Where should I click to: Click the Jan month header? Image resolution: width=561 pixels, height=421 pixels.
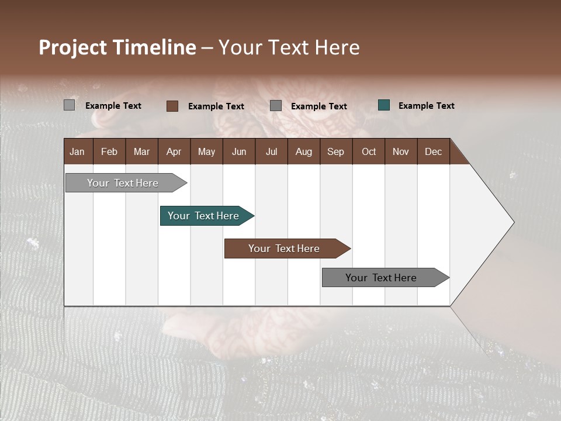77,151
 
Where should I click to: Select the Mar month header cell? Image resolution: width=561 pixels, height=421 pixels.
141,151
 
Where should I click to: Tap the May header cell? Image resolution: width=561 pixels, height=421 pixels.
206,151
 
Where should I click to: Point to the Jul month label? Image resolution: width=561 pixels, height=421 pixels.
271,151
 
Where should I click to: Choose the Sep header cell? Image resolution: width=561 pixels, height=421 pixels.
335,151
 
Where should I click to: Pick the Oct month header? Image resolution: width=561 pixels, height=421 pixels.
369,151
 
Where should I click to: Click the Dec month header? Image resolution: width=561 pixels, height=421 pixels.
433,151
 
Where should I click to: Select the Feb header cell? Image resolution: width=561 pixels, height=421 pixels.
109,151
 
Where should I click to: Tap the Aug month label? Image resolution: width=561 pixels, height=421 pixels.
303,151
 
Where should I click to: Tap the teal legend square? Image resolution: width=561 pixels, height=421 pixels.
384,105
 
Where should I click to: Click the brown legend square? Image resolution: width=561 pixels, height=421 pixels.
172,106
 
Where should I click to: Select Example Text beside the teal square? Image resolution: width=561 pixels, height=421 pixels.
426,105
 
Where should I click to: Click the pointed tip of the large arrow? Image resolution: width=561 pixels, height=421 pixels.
512,222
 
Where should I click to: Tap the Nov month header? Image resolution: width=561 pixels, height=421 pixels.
400,151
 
